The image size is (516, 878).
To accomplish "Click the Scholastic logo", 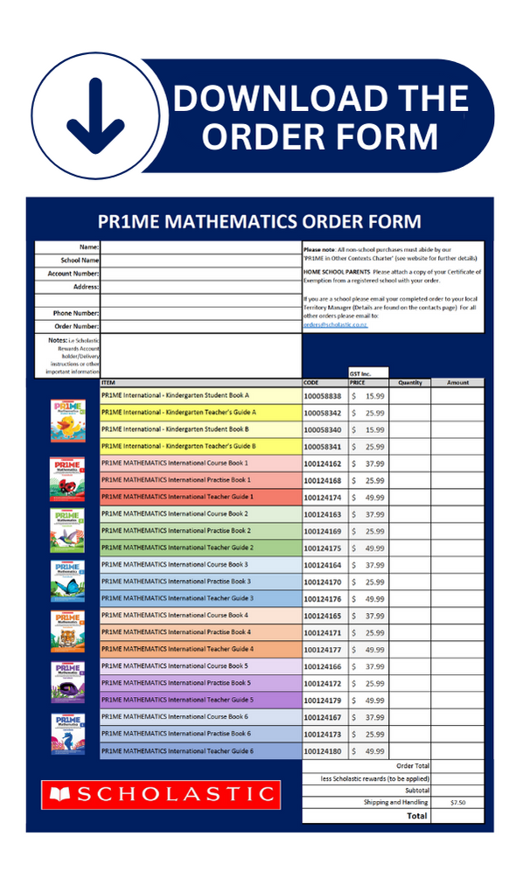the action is click(160, 794).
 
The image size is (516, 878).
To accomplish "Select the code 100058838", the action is click(324, 396).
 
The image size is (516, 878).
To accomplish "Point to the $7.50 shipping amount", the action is click(458, 802).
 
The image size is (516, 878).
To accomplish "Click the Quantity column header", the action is click(409, 382).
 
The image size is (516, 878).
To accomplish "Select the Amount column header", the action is click(457, 382).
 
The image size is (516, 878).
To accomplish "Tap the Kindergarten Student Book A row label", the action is click(175, 395).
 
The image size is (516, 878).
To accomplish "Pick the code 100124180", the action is click(324, 751).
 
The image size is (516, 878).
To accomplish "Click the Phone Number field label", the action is click(74, 313).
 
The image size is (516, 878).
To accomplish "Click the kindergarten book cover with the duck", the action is click(67, 421).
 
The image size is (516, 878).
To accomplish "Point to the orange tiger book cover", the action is click(67, 631).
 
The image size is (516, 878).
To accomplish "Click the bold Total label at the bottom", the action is click(417, 815).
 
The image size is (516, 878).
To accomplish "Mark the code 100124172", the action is click(324, 683).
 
